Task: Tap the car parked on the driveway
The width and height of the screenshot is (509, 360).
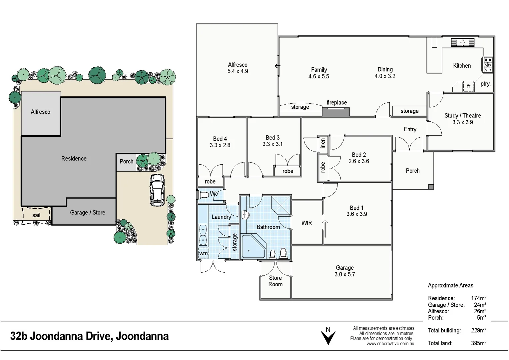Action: point(157,190)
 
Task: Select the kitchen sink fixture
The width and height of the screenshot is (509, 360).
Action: point(462,43)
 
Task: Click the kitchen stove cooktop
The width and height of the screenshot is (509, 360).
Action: point(487,64)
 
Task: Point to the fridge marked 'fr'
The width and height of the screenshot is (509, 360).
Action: point(468,86)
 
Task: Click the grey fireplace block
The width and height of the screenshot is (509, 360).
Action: point(336,112)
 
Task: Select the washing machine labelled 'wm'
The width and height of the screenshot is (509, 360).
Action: point(203,253)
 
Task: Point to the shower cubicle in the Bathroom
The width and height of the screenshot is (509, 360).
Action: point(281,205)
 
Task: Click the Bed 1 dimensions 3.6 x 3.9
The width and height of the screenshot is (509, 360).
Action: point(356,214)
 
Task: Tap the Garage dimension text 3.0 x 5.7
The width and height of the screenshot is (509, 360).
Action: point(344,274)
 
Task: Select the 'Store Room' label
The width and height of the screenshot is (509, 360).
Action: point(275,281)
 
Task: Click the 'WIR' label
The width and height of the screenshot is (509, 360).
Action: point(306,223)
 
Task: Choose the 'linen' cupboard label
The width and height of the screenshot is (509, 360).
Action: point(322,144)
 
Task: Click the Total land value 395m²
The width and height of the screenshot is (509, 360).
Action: point(478,343)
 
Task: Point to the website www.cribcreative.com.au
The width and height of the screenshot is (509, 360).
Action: point(390,344)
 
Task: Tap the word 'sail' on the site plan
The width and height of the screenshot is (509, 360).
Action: point(36,215)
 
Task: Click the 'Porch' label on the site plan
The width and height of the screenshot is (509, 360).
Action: point(126,161)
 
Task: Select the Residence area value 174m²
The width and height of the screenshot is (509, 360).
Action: point(478,298)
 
